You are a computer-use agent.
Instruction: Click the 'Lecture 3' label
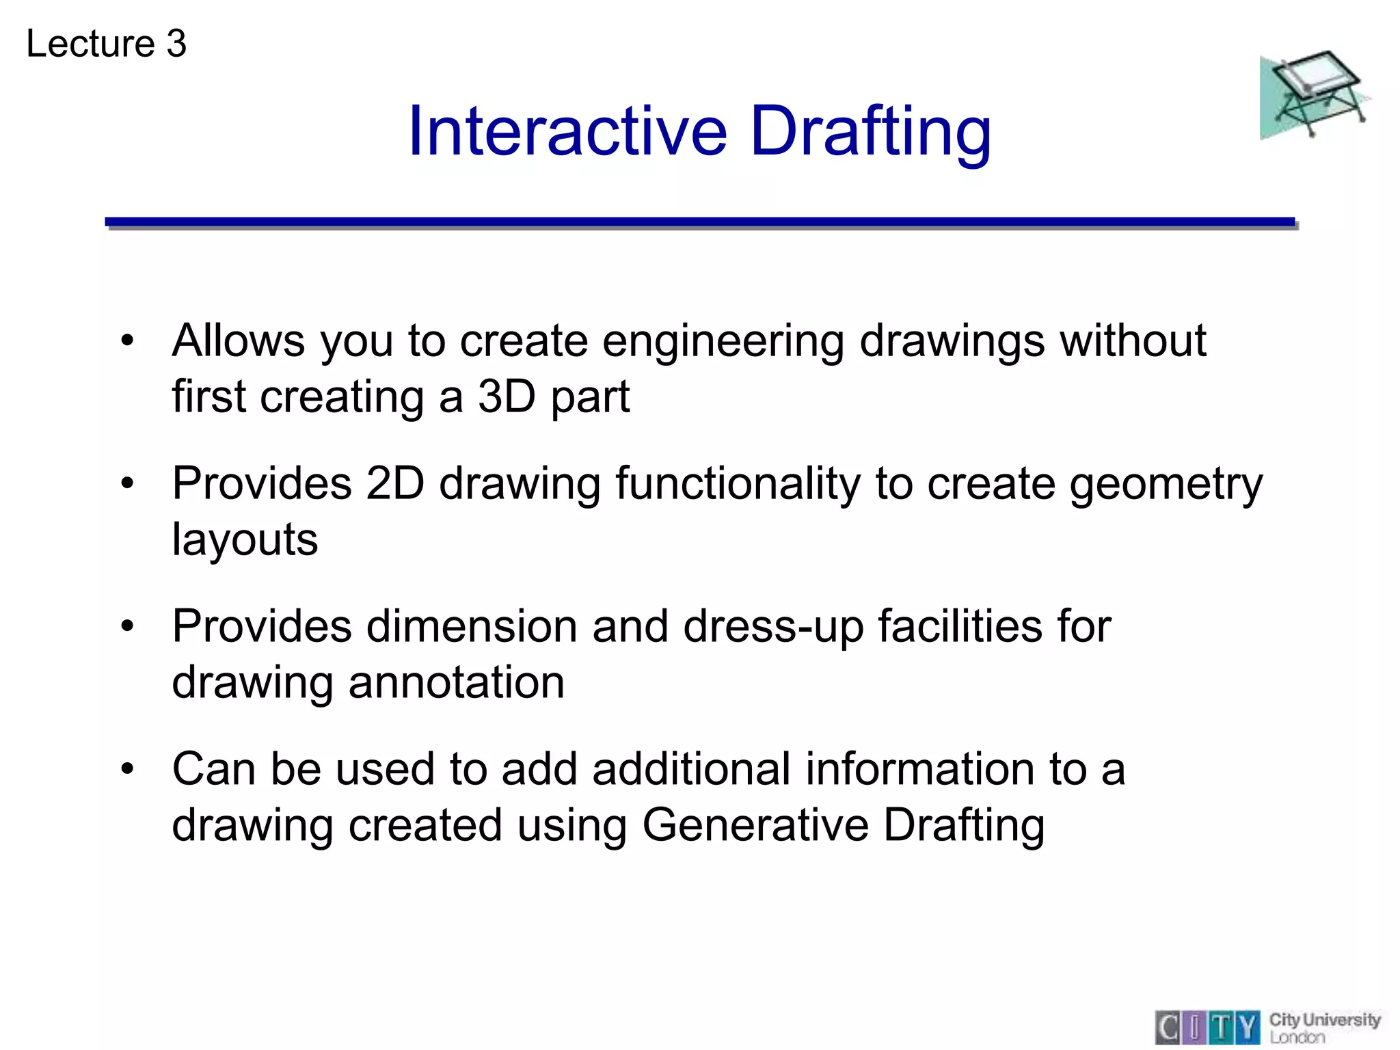tap(106, 44)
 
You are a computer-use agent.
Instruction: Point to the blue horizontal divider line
tap(699, 222)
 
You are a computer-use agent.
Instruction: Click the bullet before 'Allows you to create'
tap(128, 341)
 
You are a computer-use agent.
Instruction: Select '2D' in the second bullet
tap(394, 484)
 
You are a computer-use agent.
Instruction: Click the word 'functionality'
tap(738, 484)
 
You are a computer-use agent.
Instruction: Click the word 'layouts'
tap(245, 540)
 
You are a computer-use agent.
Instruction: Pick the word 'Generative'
tap(755, 825)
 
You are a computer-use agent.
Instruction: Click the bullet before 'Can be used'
tap(128, 770)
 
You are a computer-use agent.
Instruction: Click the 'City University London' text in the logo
tap(1324, 1027)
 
